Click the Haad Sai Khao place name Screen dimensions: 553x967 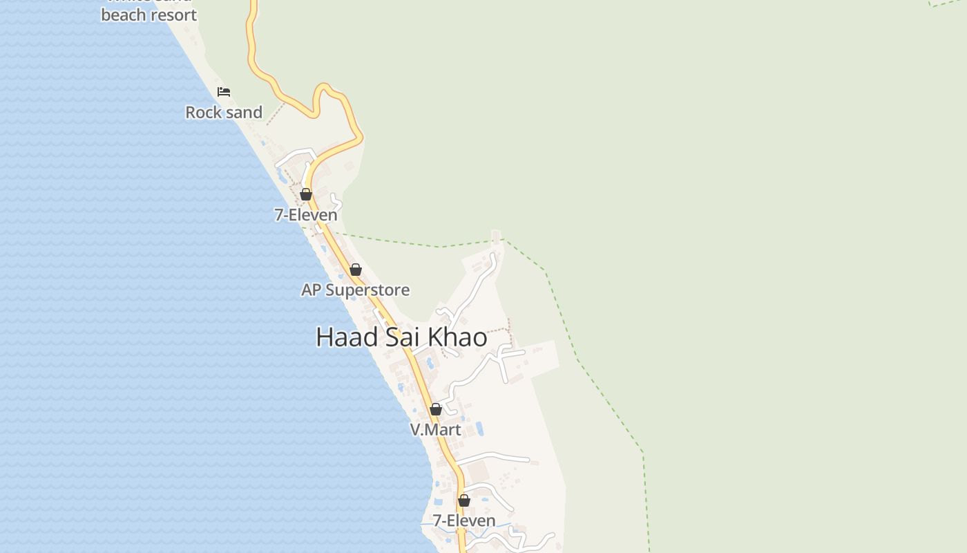[x=401, y=337]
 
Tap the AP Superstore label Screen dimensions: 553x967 [x=355, y=290]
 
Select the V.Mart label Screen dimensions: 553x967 [x=435, y=430]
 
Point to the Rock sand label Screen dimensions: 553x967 [x=224, y=113]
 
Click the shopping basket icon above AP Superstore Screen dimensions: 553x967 [x=356, y=270]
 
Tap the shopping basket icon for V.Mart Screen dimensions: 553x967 [x=436, y=409]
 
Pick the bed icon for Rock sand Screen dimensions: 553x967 [x=224, y=91]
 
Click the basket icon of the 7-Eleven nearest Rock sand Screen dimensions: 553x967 [x=306, y=194]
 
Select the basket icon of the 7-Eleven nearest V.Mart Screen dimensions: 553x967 [x=464, y=500]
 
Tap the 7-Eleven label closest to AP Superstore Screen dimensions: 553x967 [x=306, y=215]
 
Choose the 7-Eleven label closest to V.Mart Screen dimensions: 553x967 [x=464, y=521]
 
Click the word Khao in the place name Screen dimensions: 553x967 [x=458, y=337]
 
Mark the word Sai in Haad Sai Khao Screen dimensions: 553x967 [x=405, y=337]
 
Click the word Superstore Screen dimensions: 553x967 [x=367, y=290]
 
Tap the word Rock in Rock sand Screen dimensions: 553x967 [x=203, y=113]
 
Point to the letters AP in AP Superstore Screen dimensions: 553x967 [x=311, y=290]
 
